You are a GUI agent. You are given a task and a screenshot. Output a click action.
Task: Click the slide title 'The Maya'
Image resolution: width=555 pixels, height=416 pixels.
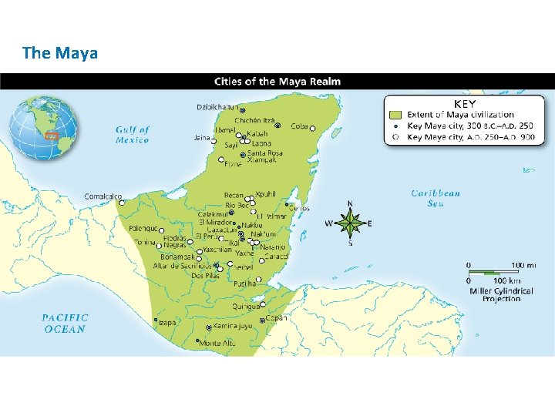tap(60, 53)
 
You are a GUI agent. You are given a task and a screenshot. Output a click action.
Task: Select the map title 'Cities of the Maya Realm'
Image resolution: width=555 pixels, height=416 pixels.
tap(277, 82)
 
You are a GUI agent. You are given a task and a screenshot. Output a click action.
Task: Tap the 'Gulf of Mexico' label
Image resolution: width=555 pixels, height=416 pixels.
tap(133, 135)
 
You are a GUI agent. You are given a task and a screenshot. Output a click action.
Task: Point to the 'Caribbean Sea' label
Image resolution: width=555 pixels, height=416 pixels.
tap(436, 198)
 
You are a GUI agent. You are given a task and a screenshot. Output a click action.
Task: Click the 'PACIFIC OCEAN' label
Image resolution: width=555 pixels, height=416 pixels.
tap(66, 323)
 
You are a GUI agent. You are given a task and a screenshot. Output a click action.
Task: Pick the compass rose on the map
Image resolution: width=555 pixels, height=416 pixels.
tap(351, 224)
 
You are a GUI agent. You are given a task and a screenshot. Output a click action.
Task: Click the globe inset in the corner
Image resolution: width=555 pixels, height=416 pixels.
tap(44, 128)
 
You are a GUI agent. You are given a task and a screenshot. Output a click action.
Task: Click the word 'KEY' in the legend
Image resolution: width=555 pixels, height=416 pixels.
tap(465, 103)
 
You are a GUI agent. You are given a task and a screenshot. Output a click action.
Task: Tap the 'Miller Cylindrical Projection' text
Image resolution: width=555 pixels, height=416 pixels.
tap(502, 294)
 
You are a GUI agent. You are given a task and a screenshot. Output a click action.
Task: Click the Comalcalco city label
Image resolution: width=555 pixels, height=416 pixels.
tap(103, 196)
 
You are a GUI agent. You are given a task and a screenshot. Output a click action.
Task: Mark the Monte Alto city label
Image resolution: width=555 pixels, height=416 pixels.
tap(217, 344)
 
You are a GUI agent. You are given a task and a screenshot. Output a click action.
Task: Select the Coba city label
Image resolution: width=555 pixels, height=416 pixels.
tap(300, 126)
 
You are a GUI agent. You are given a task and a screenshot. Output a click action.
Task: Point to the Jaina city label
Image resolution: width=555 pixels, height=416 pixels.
tap(203, 139)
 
